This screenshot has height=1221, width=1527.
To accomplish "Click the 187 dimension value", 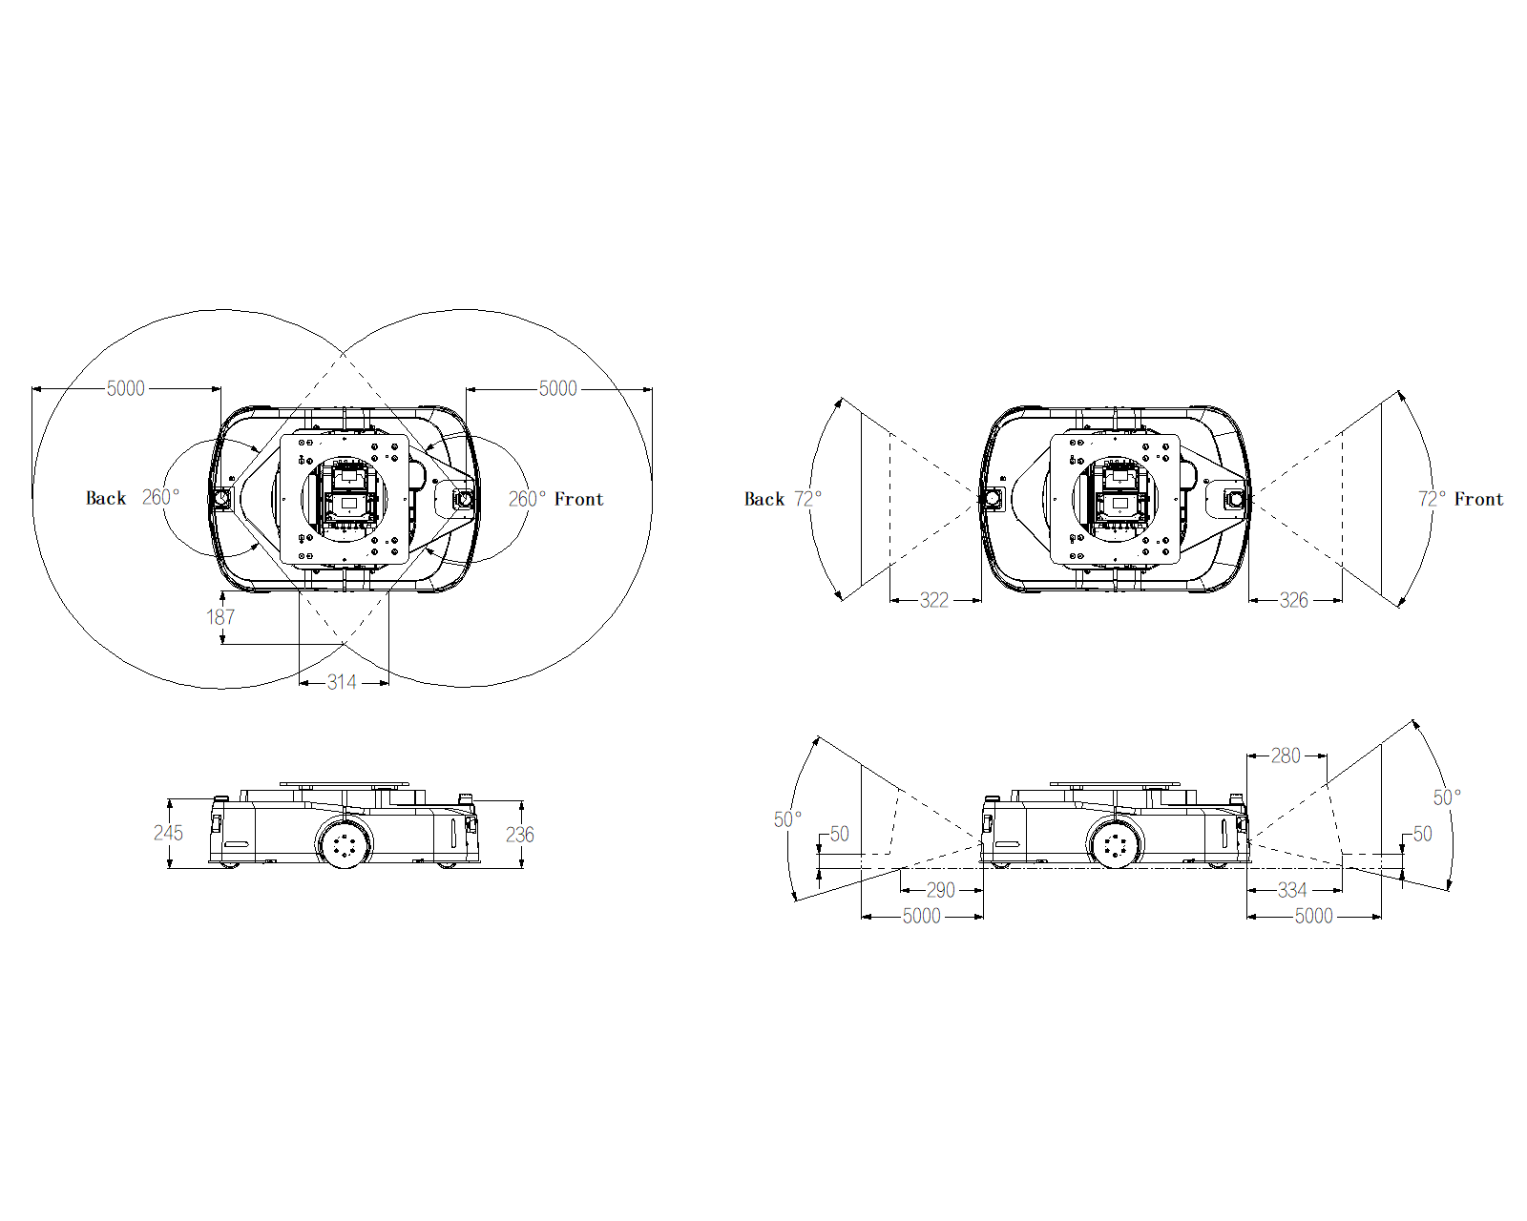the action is [x=220, y=617].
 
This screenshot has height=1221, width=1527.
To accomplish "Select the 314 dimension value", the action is [x=342, y=682].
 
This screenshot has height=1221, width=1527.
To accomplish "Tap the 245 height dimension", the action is [x=168, y=833].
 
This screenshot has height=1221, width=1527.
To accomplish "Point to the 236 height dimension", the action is [x=519, y=835].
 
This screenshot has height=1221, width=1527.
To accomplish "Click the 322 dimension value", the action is [x=933, y=601].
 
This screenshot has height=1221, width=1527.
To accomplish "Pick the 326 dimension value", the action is [x=1293, y=601].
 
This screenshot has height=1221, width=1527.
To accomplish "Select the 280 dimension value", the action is [x=1286, y=756].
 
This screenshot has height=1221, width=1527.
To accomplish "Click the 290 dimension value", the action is [x=940, y=890].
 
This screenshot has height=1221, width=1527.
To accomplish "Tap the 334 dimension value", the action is [x=1292, y=890].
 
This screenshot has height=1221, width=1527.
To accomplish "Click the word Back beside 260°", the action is [x=106, y=498].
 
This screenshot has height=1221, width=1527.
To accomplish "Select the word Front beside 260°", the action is [x=579, y=500].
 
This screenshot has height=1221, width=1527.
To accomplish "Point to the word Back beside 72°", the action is [x=764, y=500].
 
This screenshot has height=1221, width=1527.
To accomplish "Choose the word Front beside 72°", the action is [x=1478, y=500].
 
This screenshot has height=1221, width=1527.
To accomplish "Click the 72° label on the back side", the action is [x=808, y=500].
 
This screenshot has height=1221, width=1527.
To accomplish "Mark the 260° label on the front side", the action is [x=527, y=500].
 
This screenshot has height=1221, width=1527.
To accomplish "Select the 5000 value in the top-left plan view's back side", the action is [x=126, y=389].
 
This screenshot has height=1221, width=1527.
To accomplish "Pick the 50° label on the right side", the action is [x=1447, y=798].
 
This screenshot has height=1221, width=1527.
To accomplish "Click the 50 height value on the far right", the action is [x=1422, y=835].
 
